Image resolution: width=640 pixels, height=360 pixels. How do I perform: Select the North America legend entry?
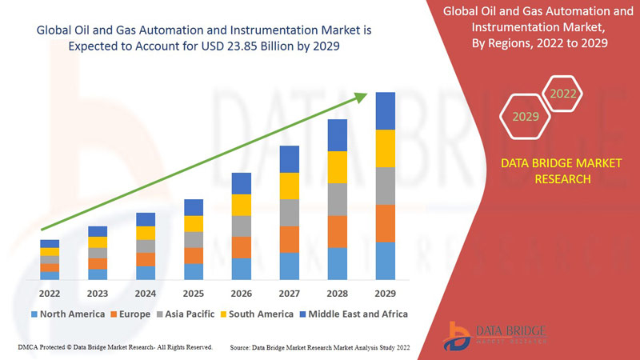68,314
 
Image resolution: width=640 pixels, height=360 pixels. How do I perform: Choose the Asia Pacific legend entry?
184,314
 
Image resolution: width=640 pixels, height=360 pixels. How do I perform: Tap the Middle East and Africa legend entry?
352,314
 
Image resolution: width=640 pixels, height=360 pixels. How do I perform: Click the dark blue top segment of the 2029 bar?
386,110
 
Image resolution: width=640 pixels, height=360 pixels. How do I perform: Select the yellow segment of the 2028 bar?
338,166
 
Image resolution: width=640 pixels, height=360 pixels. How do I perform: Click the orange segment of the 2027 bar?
290,239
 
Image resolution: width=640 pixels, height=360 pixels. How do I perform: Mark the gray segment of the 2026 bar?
242,226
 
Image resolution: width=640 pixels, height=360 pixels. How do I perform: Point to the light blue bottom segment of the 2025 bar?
194,271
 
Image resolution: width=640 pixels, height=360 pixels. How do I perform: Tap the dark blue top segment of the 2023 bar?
98,231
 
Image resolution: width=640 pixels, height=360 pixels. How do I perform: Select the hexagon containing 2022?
562,94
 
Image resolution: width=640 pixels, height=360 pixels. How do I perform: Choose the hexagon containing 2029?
526,118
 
